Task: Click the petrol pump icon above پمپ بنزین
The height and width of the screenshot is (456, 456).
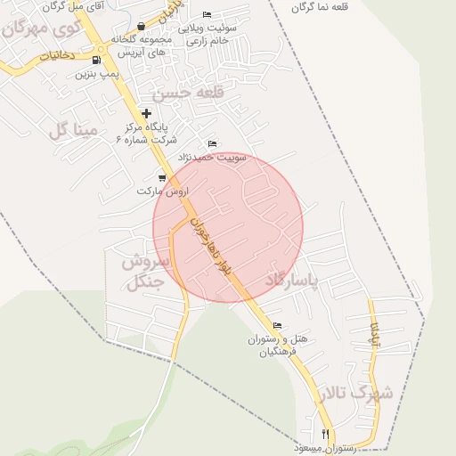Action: (x=96, y=61)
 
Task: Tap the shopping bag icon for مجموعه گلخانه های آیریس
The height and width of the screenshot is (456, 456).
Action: (x=141, y=28)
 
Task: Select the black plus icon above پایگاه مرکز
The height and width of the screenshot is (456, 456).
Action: (x=147, y=113)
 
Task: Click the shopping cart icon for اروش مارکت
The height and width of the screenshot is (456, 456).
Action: (x=161, y=178)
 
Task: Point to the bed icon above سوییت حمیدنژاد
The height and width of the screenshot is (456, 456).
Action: (x=211, y=144)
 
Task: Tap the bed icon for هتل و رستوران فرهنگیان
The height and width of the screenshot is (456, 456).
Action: (x=277, y=326)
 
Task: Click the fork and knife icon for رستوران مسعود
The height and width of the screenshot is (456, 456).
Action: (x=326, y=434)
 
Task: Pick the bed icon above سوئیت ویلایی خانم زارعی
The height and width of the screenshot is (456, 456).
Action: (x=208, y=14)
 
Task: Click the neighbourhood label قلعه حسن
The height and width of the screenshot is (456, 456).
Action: (x=184, y=92)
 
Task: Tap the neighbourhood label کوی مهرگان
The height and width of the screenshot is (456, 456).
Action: (x=40, y=28)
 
